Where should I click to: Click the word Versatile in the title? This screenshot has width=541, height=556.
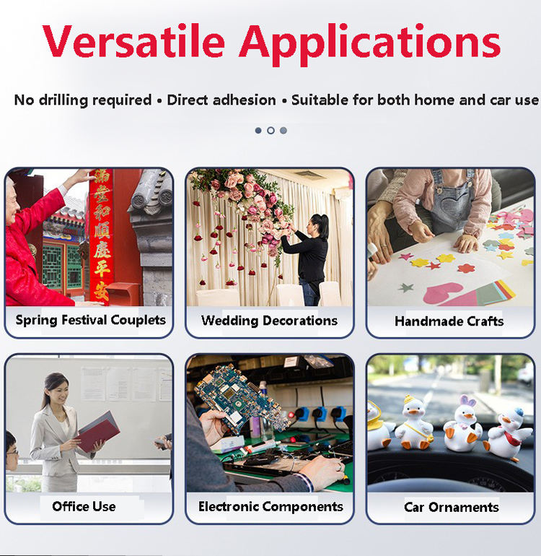[x=133, y=41]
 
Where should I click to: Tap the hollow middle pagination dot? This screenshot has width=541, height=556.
[x=270, y=131]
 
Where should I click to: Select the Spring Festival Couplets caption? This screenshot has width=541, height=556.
[x=91, y=320]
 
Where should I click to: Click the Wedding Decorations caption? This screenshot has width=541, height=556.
[x=269, y=321]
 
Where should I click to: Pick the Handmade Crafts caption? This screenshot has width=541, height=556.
[x=449, y=321]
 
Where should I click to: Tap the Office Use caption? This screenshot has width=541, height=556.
[x=84, y=506]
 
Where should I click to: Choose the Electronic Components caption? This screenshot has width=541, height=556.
[x=270, y=507]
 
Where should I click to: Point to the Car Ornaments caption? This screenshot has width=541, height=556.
[x=452, y=507]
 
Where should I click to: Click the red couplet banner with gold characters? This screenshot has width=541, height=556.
[x=102, y=236]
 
